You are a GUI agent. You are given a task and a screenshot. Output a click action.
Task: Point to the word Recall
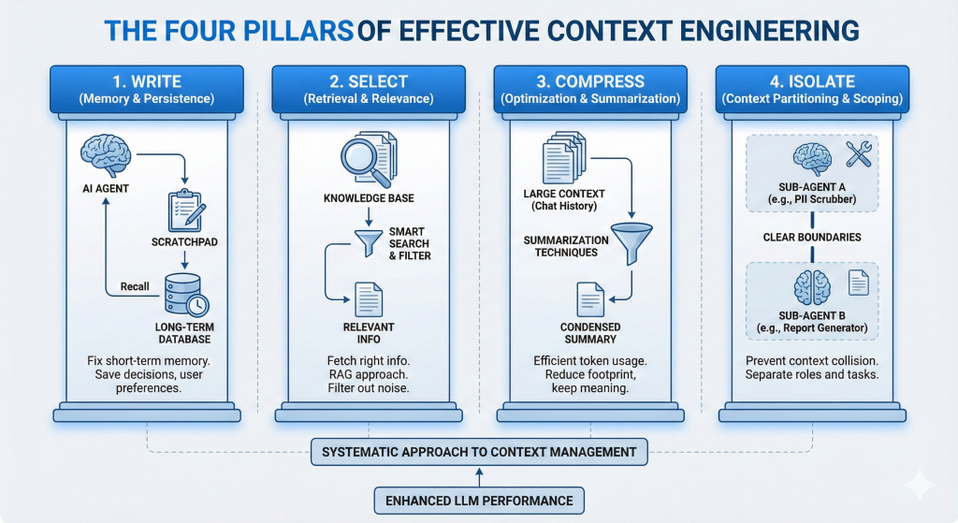coord(134,285)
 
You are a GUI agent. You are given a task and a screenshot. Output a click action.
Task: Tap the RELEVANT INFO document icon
coord(369,298)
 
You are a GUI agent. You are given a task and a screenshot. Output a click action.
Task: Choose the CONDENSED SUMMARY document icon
coord(591,298)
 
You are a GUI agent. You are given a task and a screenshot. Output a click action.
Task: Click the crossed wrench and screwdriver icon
coord(858,154)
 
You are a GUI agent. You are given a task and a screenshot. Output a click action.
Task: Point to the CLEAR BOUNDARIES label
coord(811,238)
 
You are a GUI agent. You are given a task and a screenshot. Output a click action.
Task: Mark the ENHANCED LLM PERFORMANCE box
coord(480,501)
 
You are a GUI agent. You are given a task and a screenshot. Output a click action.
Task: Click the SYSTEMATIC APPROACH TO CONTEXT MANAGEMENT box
coord(479,452)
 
